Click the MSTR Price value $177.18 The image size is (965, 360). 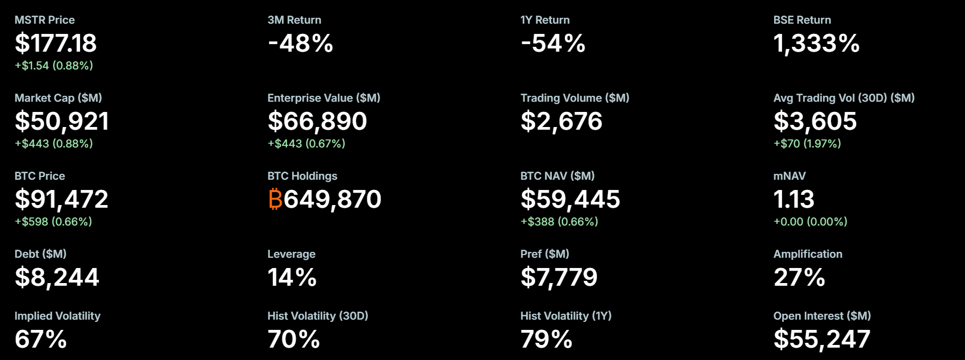coord(55,43)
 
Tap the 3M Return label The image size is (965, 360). coord(294,20)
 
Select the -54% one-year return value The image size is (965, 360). coord(553,43)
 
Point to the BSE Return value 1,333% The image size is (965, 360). coord(816,43)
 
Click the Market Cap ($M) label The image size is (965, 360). coord(58,98)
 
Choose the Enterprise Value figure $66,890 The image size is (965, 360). coord(317,121)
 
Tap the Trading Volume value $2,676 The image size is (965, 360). coord(561,121)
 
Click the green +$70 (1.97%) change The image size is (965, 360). coord(807,144)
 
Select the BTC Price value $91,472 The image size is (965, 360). coord(61,199)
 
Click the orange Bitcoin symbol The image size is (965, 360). coord(275,199)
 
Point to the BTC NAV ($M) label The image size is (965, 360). coord(557,176)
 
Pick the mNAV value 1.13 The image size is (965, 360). coord(793,199)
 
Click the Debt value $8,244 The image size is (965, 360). coord(56,277)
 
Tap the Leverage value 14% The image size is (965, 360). coord(292,277)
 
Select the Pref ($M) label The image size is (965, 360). coord(544,254)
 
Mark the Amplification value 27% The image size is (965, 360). coord(799,277)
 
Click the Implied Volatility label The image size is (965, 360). coord(58,316)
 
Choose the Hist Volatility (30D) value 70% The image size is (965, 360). coord(293,339)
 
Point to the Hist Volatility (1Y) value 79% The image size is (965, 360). coord(546,339)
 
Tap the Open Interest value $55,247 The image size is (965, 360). coord(821,339)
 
